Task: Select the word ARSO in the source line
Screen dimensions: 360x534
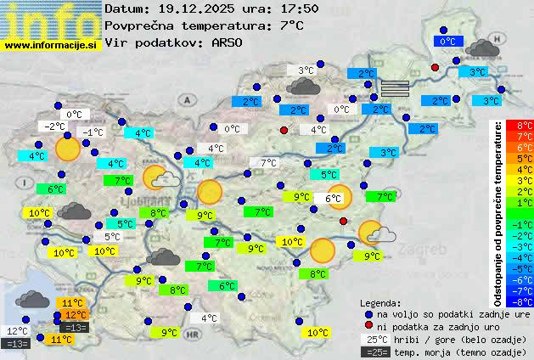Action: click(x=230, y=42)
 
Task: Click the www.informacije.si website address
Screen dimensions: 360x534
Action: click(x=50, y=45)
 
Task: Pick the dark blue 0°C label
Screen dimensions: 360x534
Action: click(x=447, y=41)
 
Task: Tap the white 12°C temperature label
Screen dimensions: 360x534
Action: click(x=17, y=331)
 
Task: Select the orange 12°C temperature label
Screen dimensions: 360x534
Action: click(x=75, y=314)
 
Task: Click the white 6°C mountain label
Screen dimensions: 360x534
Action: click(x=333, y=199)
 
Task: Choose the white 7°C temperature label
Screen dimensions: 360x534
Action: click(x=268, y=163)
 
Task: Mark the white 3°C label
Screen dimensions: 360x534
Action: click(x=305, y=70)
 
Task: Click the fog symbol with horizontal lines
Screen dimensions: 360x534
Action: click(x=394, y=87)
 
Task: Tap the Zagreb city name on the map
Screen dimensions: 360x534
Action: click(x=425, y=250)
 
